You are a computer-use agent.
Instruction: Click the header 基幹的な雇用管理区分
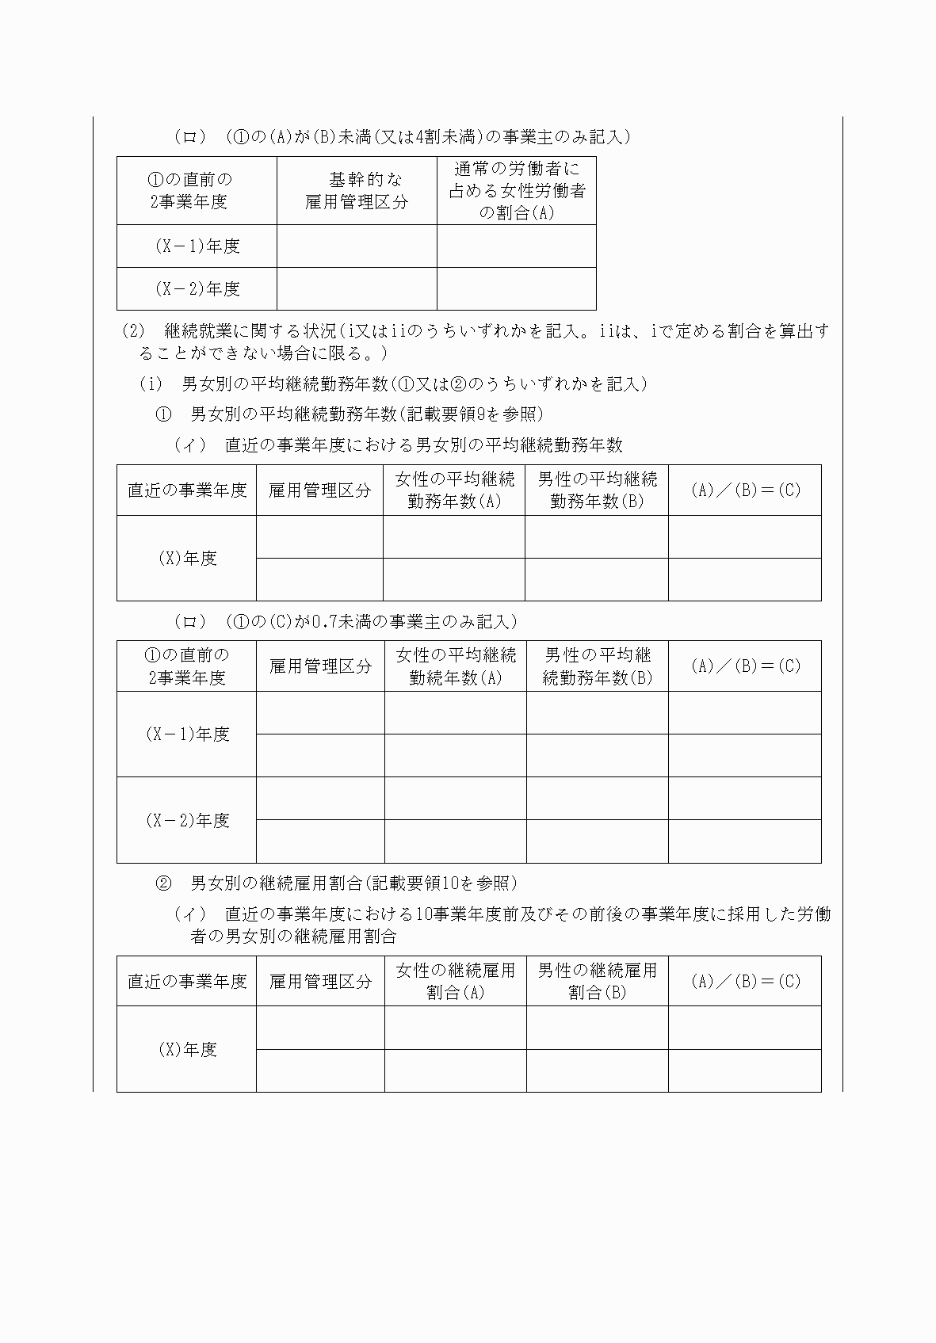pyautogui.click(x=357, y=191)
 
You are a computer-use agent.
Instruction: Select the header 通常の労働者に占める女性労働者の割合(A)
pyautogui.click(x=516, y=191)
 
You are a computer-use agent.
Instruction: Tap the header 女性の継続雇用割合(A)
pyautogui.click(x=455, y=981)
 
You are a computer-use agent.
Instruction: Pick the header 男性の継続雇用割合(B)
pyautogui.click(x=597, y=981)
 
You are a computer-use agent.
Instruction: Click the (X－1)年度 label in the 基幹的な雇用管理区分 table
pyautogui.click(x=197, y=246)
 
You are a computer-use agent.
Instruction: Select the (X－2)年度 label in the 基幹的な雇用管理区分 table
pyautogui.click(x=197, y=289)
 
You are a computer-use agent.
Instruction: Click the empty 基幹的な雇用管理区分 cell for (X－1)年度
pyautogui.click(x=357, y=246)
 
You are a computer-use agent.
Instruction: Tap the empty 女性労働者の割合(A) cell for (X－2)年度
pyautogui.click(x=516, y=289)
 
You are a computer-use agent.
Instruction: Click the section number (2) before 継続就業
pyautogui.click(x=133, y=330)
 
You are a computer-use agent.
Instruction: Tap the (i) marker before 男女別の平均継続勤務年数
pyautogui.click(x=151, y=384)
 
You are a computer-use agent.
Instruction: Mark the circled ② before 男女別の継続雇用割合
pyautogui.click(x=163, y=883)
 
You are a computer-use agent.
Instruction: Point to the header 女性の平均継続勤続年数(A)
pyautogui.click(x=456, y=666)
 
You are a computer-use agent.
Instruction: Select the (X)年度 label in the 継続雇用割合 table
pyautogui.click(x=187, y=1050)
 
